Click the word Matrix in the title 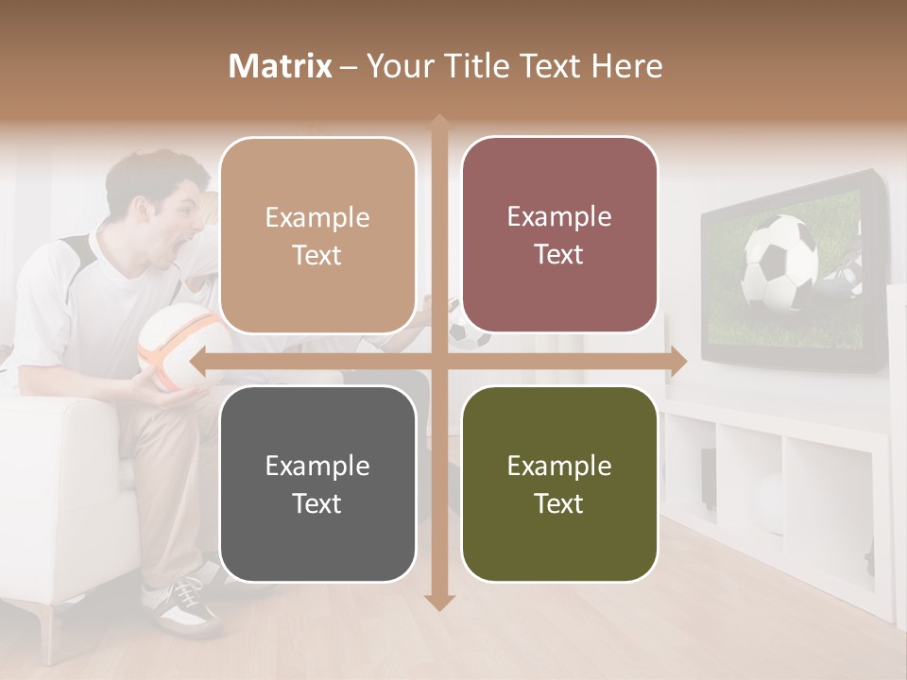281,66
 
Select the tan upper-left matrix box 317,235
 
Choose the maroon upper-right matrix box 559,235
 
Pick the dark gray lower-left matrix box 317,484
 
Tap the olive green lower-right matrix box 559,484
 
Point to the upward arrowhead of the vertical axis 439,123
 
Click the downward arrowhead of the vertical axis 439,602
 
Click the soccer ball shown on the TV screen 780,263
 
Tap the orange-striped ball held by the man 183,346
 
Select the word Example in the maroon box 559,217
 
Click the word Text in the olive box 559,503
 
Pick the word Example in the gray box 317,466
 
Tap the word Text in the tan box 317,255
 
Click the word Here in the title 626,66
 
